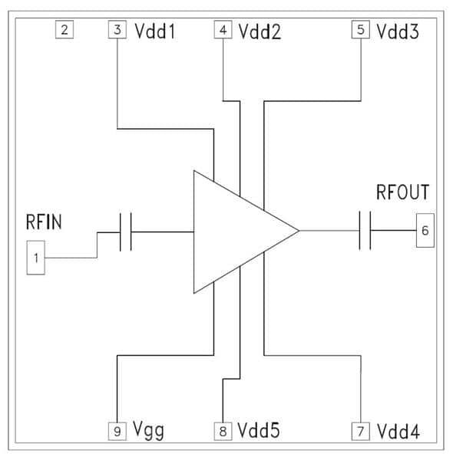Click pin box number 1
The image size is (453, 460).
[36, 258]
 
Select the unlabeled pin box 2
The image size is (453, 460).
[64, 29]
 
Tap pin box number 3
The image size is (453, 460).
[117, 29]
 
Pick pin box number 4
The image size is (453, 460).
[223, 29]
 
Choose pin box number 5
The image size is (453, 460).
[360, 29]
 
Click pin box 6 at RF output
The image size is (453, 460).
[425, 230]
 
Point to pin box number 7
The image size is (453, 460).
[360, 431]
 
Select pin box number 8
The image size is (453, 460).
[223, 431]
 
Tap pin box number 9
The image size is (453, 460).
[117, 431]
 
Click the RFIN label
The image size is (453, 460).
[44, 222]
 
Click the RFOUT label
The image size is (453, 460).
[403, 192]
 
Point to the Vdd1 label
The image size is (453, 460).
[155, 31]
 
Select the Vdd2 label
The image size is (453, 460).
[260, 31]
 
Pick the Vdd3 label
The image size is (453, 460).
[398, 31]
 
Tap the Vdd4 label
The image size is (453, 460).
[398, 432]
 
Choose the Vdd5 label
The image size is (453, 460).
[259, 430]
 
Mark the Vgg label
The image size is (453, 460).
[148, 431]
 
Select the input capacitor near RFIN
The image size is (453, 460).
[125, 232]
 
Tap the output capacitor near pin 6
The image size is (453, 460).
[365, 230]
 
